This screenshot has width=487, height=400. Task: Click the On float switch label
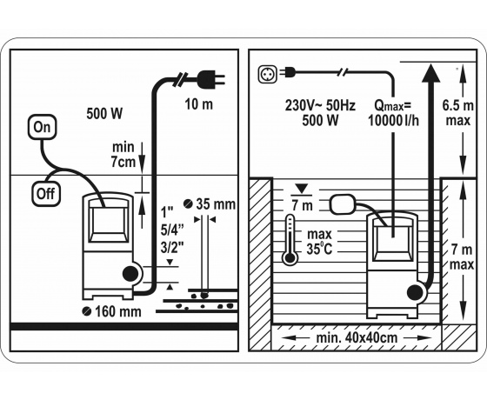[x=42, y=127]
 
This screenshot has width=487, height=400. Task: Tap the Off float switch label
[x=45, y=194]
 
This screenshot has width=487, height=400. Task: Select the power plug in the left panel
[x=210, y=79]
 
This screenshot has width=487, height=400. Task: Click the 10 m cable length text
[x=199, y=104]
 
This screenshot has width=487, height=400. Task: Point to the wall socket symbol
[x=268, y=74]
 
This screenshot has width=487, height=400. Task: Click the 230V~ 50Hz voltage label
[x=320, y=105]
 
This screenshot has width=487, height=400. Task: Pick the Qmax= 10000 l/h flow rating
[x=393, y=113]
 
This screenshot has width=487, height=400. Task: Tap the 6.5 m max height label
[x=457, y=113]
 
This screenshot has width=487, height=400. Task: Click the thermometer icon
[x=290, y=239]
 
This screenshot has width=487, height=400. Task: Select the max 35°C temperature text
[x=319, y=242]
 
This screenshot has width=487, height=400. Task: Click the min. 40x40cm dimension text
[x=357, y=338]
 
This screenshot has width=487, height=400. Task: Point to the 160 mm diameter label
[x=112, y=311]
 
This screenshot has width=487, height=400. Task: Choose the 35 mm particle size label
[x=210, y=204]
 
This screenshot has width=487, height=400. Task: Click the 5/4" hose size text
[x=172, y=230]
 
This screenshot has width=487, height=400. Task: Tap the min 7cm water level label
[x=123, y=155]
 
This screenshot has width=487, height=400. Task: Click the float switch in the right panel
[x=343, y=204]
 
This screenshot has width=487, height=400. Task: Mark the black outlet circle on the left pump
[x=130, y=274]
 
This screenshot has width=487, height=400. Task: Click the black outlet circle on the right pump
[x=415, y=292]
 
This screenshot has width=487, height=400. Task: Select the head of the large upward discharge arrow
[x=431, y=73]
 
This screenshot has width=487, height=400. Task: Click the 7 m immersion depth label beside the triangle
[x=303, y=205]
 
